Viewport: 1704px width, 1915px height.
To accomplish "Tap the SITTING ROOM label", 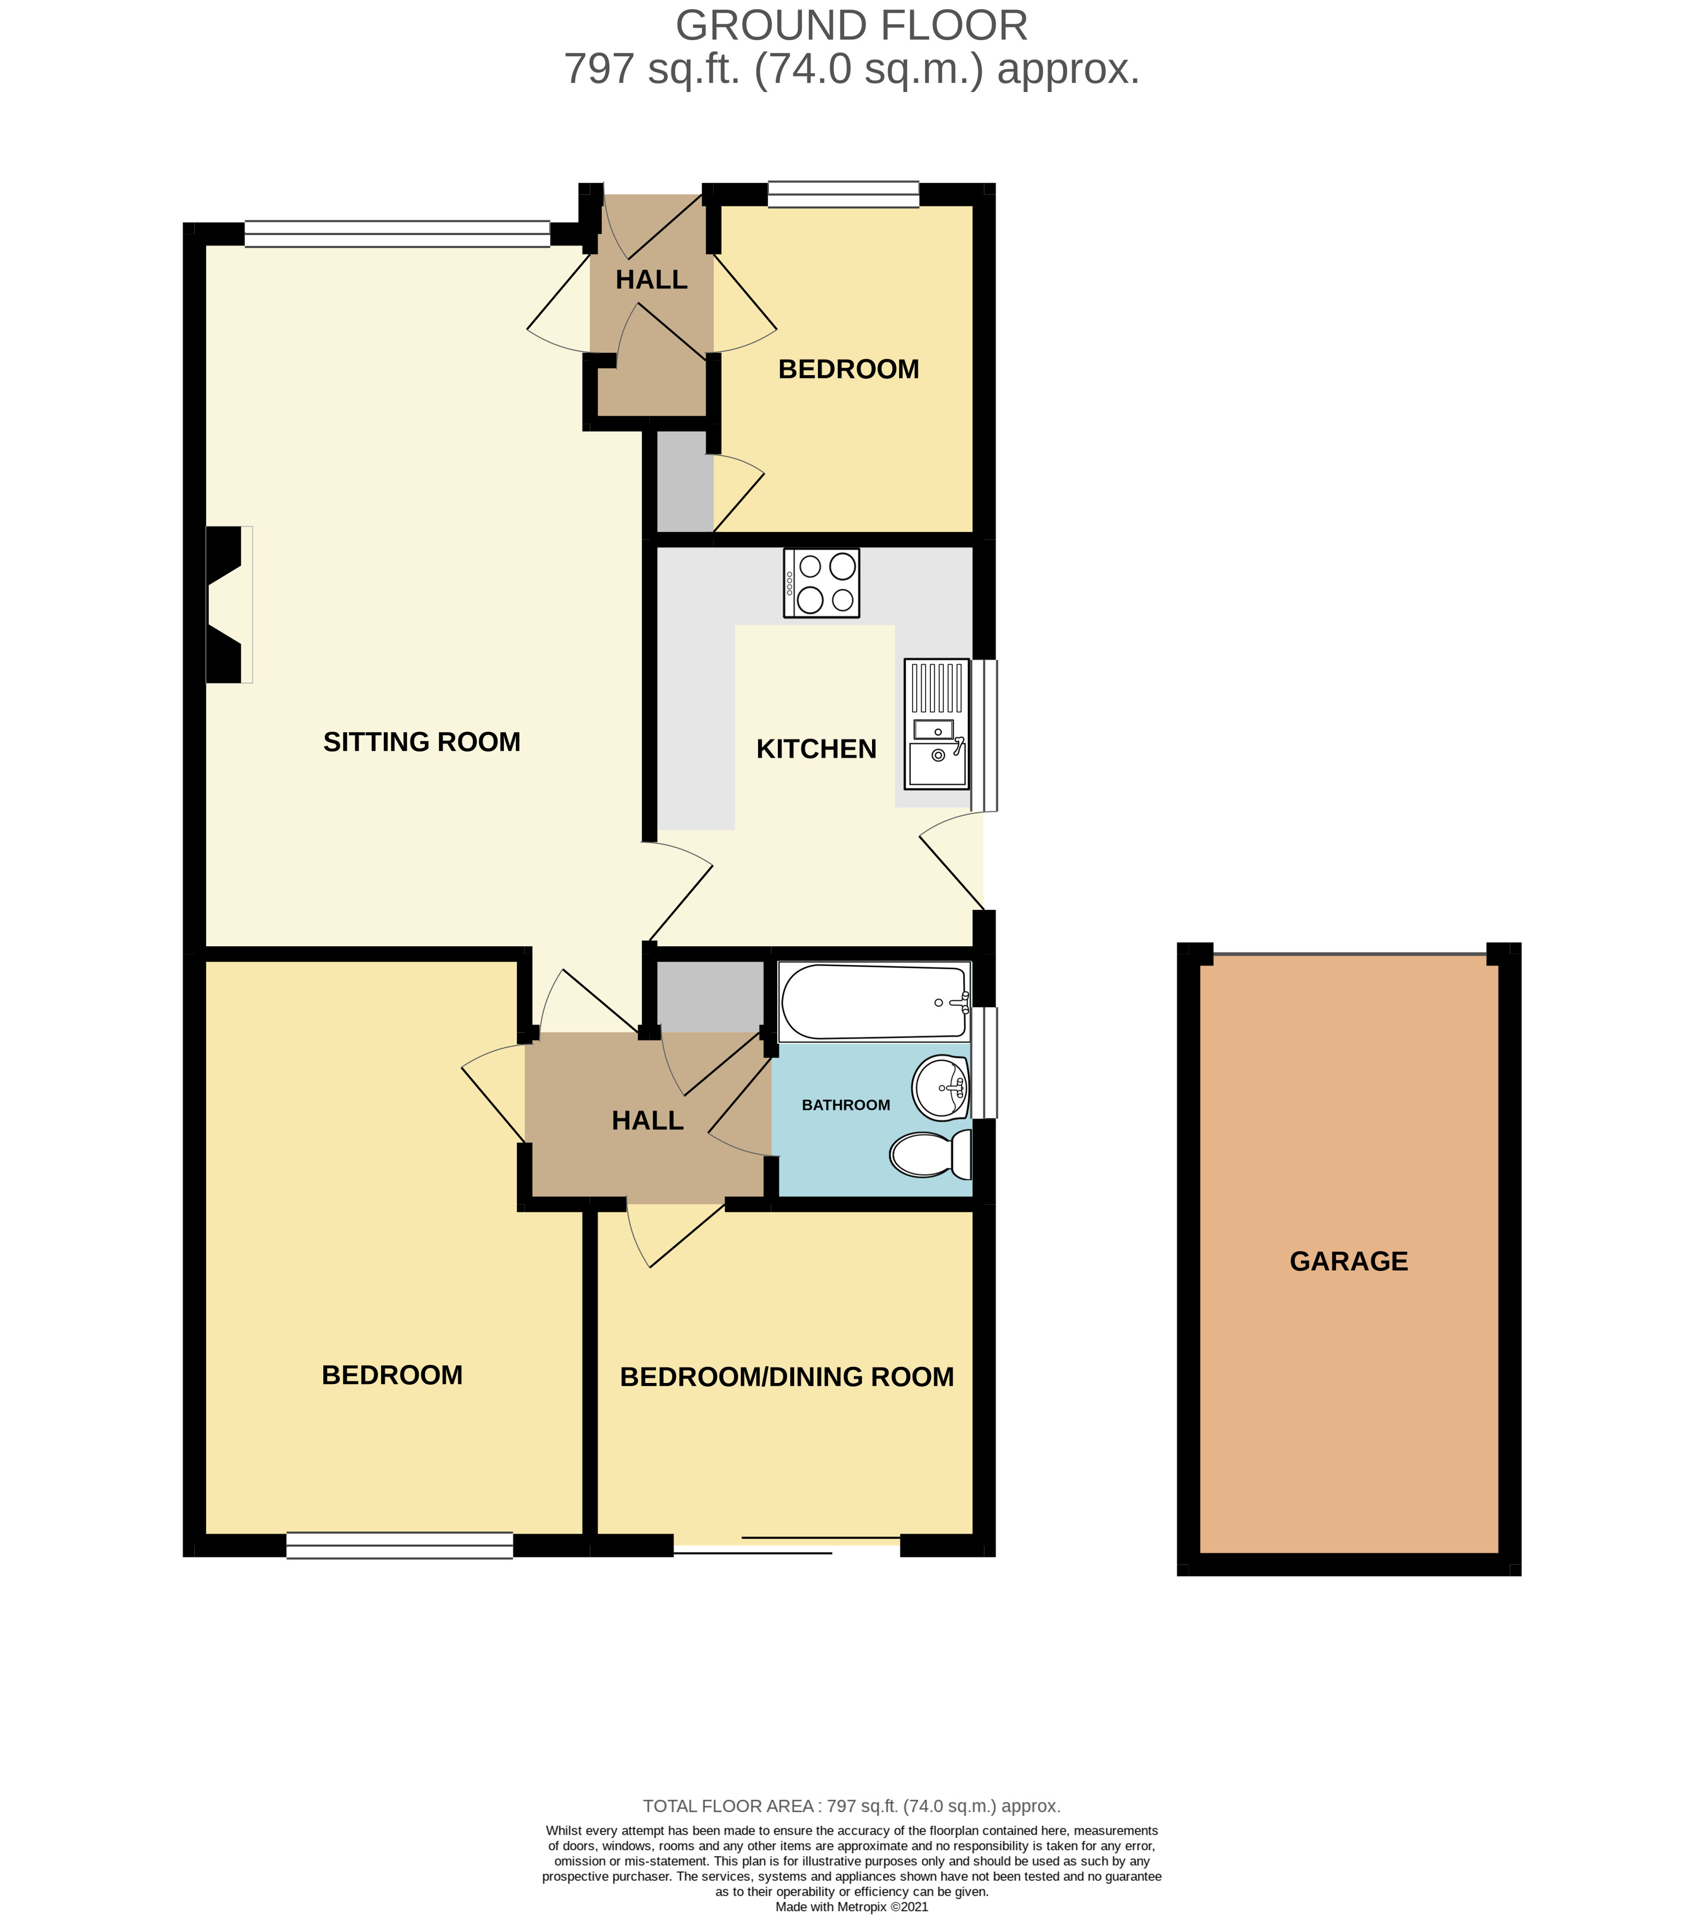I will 422,742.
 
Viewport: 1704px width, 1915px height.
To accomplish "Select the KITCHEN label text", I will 816,749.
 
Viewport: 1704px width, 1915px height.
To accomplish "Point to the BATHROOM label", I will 845,1106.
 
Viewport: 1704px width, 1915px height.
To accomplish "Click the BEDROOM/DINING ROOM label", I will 787,1377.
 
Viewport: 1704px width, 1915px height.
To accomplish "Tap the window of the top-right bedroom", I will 843,194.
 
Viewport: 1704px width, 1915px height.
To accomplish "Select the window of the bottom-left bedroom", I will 400,1545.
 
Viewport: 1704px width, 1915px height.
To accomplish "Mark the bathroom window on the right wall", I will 984,1062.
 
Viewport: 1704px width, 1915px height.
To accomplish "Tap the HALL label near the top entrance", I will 651,279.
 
